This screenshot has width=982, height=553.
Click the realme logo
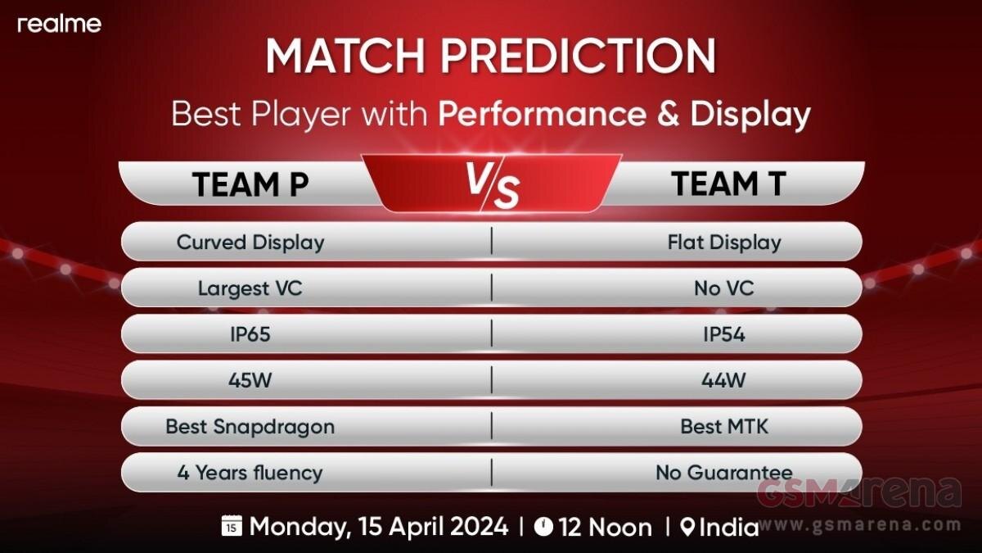click(x=59, y=24)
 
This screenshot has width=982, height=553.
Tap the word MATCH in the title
click(x=345, y=57)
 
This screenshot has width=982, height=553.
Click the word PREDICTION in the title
click(x=579, y=57)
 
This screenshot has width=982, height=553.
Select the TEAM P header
click(x=250, y=184)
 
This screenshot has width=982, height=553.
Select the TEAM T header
click(x=728, y=184)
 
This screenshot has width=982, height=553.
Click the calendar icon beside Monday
click(x=232, y=526)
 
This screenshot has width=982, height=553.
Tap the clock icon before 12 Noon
click(x=543, y=526)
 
